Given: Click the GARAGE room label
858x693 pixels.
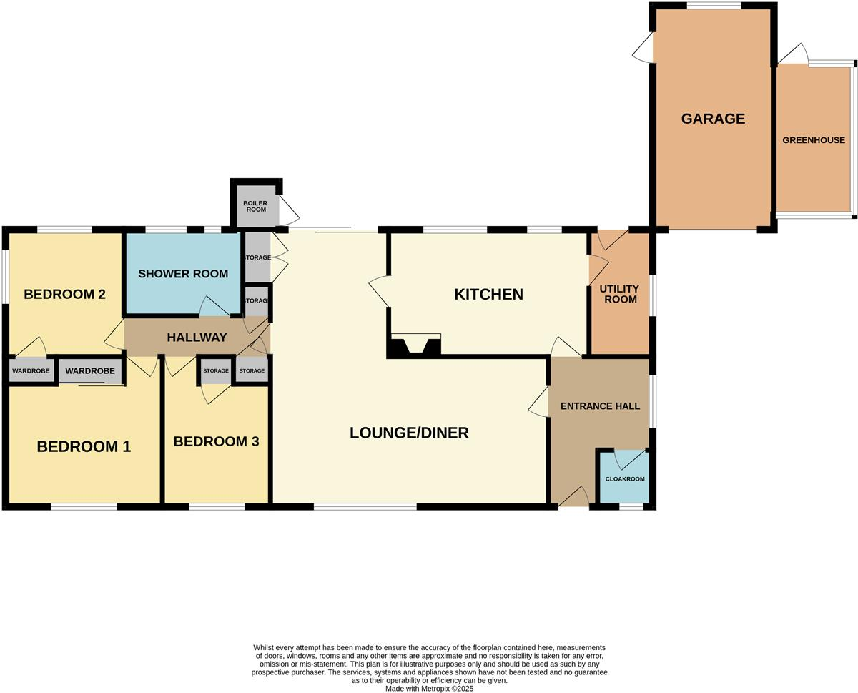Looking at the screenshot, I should [x=713, y=119].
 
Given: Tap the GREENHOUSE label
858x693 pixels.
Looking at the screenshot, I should [x=813, y=140].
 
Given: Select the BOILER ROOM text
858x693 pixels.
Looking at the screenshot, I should [x=255, y=207].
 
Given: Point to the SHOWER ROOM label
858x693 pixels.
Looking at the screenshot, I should [x=183, y=274].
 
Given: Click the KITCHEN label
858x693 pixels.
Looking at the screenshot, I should [x=489, y=294].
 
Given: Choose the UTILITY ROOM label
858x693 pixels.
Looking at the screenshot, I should [x=620, y=294].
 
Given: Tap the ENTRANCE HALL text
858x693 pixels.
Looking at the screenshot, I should [x=599, y=406].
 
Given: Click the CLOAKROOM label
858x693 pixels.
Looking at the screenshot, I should [x=625, y=479].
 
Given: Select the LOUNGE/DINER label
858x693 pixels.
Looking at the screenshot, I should [x=409, y=433].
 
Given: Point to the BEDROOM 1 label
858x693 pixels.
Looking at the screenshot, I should [x=84, y=447].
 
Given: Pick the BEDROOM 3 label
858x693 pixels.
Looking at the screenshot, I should [x=216, y=442].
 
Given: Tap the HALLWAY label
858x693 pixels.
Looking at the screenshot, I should [x=197, y=338].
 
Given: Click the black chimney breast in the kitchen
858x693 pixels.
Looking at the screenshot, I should [x=415, y=348].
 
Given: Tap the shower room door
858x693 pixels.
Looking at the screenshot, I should [x=214, y=307].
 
